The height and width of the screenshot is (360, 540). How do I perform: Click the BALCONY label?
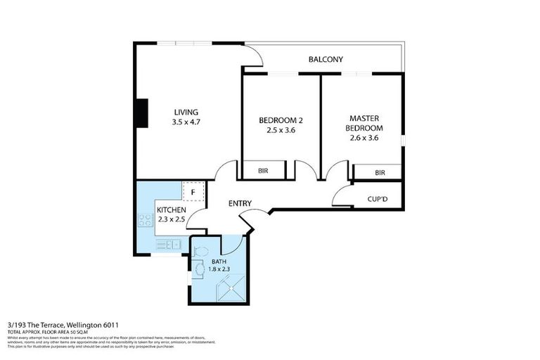coord(326,60)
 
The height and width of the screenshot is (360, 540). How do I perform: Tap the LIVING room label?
coord(186,112)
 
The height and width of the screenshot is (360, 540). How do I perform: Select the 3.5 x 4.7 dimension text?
coord(186,122)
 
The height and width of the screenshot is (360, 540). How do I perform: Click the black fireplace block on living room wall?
coord(143,113)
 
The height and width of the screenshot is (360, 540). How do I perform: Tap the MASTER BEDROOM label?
coord(364,123)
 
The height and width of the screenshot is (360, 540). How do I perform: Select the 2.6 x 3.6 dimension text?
coord(364,138)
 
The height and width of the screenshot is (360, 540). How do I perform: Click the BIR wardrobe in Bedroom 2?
coord(264,169)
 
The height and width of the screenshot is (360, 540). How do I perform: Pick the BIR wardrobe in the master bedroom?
coord(378,172)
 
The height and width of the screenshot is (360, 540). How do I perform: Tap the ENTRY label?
coord(240,204)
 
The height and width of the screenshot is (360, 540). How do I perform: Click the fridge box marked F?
coord(193,191)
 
